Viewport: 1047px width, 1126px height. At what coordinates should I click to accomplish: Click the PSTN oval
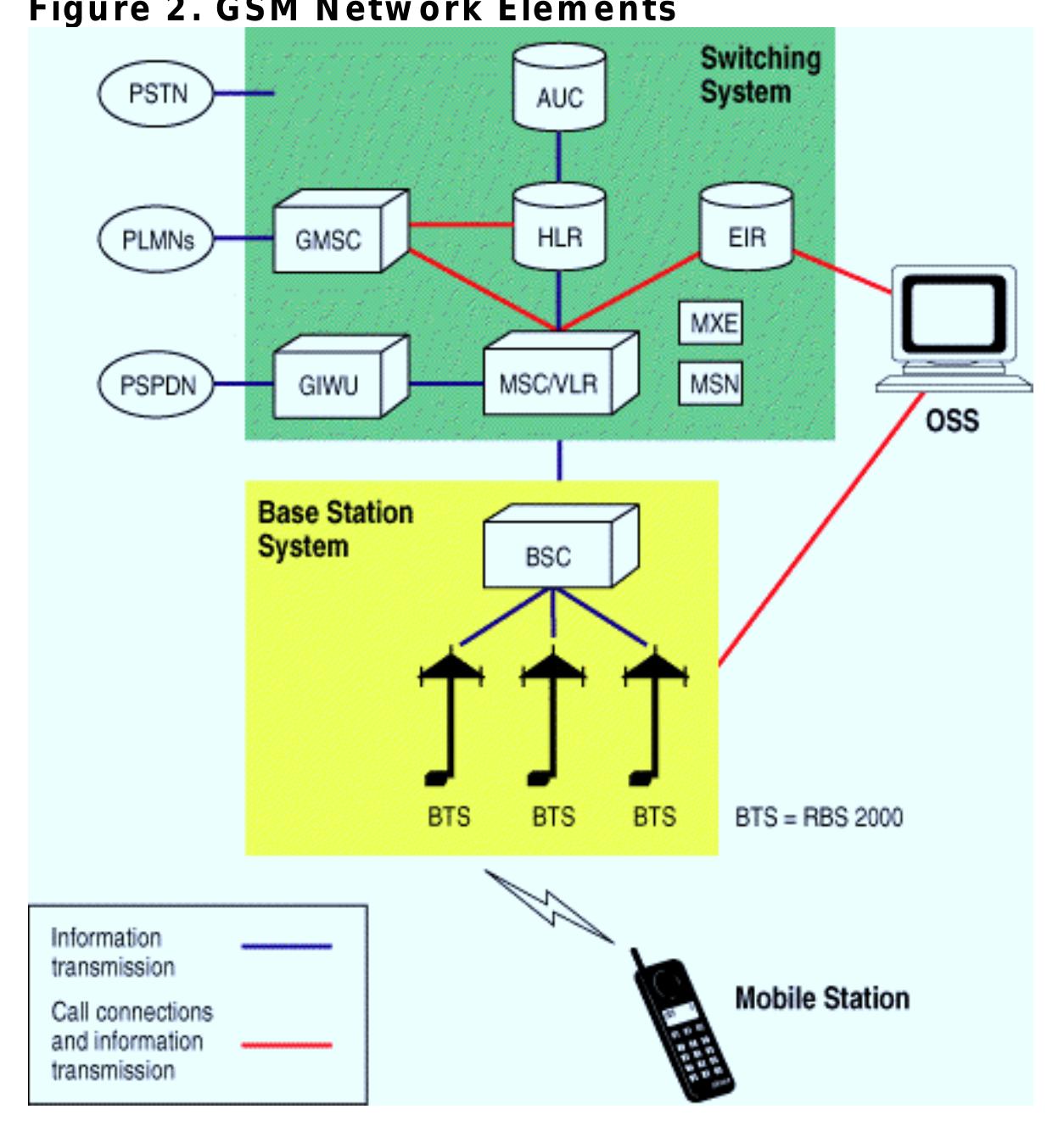(157, 94)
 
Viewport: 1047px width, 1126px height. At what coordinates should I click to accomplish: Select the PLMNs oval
(157, 240)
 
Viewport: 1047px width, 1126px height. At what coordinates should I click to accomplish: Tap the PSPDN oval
(157, 386)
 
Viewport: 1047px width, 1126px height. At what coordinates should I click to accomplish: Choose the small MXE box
(711, 323)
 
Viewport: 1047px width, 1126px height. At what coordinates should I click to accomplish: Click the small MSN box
(711, 384)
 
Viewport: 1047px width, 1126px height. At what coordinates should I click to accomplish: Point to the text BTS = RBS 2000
(819, 817)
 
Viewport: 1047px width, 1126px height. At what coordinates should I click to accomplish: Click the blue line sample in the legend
(286, 945)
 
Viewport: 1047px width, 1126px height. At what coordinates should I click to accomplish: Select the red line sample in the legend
(286, 1045)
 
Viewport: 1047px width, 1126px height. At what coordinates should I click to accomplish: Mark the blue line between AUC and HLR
(559, 157)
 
